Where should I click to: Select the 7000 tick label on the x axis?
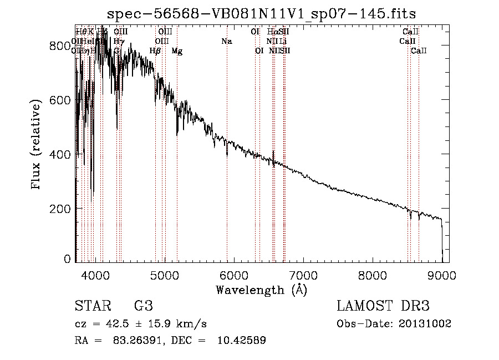pos(303,275)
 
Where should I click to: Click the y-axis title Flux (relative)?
pos(37,145)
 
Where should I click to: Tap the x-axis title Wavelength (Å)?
pos(261,290)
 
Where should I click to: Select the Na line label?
pos(226,42)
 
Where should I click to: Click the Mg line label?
pos(177,51)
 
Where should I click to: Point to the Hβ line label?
pos(155,51)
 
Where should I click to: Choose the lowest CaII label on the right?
pos(419,51)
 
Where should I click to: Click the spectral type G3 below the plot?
pos(143,306)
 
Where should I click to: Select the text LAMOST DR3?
pos(383,306)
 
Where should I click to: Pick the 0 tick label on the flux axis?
pos(69,259)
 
